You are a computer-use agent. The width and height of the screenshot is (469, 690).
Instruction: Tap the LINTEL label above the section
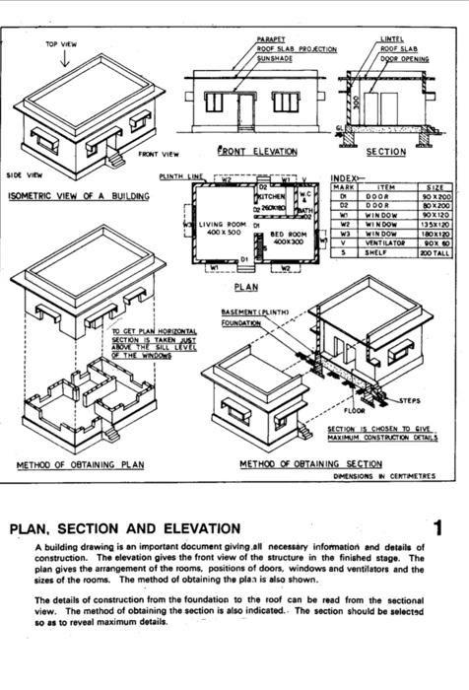tap(391, 39)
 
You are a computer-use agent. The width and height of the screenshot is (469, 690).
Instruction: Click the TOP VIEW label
tap(62, 44)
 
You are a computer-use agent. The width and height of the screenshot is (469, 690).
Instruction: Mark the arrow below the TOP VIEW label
tap(64, 59)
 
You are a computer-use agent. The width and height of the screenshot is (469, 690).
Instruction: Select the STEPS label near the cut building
tap(412, 401)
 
